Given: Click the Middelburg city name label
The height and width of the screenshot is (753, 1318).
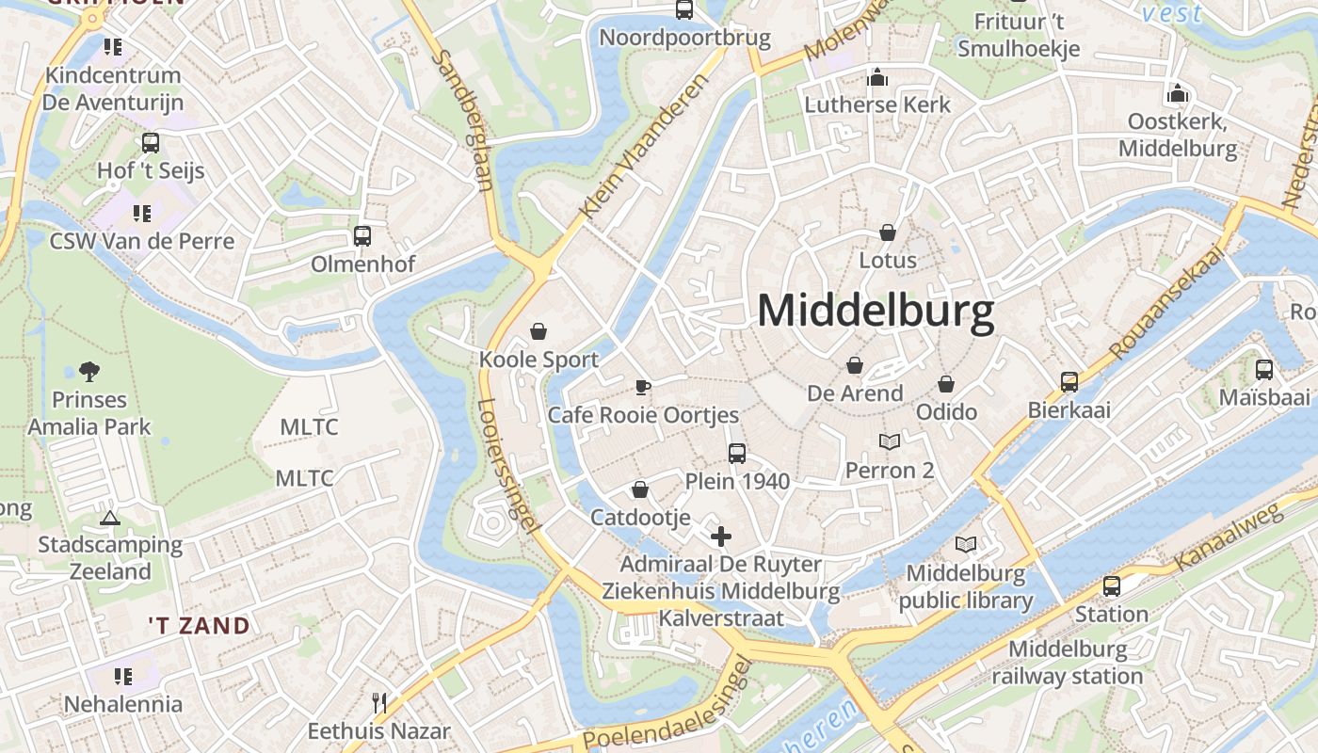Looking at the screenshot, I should [876, 312].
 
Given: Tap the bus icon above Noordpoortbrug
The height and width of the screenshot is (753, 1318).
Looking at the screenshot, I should [684, 9].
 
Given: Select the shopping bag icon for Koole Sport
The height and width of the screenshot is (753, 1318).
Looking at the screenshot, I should [538, 330].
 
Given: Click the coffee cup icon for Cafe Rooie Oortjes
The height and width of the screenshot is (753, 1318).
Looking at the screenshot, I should [643, 386].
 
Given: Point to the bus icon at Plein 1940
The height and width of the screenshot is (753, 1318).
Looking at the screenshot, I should [737, 453].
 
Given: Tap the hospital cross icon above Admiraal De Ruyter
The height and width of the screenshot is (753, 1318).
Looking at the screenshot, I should [721, 537].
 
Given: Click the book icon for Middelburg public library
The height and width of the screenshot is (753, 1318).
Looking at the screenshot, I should [966, 544].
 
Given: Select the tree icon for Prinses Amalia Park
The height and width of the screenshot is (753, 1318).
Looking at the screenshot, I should [89, 372].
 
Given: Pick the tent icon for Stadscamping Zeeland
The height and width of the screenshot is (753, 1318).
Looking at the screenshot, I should [110, 517].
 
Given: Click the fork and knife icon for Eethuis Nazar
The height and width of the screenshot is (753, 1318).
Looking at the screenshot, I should [379, 702].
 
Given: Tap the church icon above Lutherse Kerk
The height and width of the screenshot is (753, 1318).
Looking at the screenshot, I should [877, 76].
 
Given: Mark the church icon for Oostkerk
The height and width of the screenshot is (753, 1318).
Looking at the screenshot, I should [1178, 93].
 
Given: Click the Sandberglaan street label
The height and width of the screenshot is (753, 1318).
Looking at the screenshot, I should [463, 120].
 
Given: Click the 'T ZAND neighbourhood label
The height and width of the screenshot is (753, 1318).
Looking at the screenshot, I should [200, 626].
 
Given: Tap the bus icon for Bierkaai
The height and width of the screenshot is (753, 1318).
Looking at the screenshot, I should [1069, 381].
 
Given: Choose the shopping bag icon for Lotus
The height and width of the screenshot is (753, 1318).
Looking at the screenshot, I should [888, 232].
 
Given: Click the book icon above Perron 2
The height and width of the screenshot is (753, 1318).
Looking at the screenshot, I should [890, 441].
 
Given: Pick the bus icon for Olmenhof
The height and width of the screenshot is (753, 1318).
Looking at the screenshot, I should [362, 235].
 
